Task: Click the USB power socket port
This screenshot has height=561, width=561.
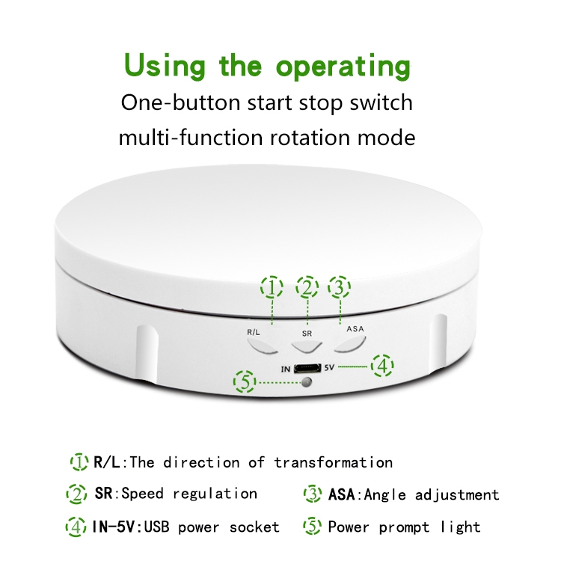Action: [x=307, y=368]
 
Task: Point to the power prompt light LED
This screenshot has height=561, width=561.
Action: [x=306, y=383]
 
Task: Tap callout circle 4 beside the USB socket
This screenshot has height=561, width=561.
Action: [x=382, y=367]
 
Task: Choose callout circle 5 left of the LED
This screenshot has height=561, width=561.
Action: [x=245, y=382]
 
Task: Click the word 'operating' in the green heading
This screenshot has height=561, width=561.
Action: [x=343, y=67]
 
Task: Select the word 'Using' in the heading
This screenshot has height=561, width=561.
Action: [x=167, y=67]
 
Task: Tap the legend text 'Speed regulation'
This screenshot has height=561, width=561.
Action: [x=189, y=494]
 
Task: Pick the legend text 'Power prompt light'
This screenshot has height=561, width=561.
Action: [x=404, y=527]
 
